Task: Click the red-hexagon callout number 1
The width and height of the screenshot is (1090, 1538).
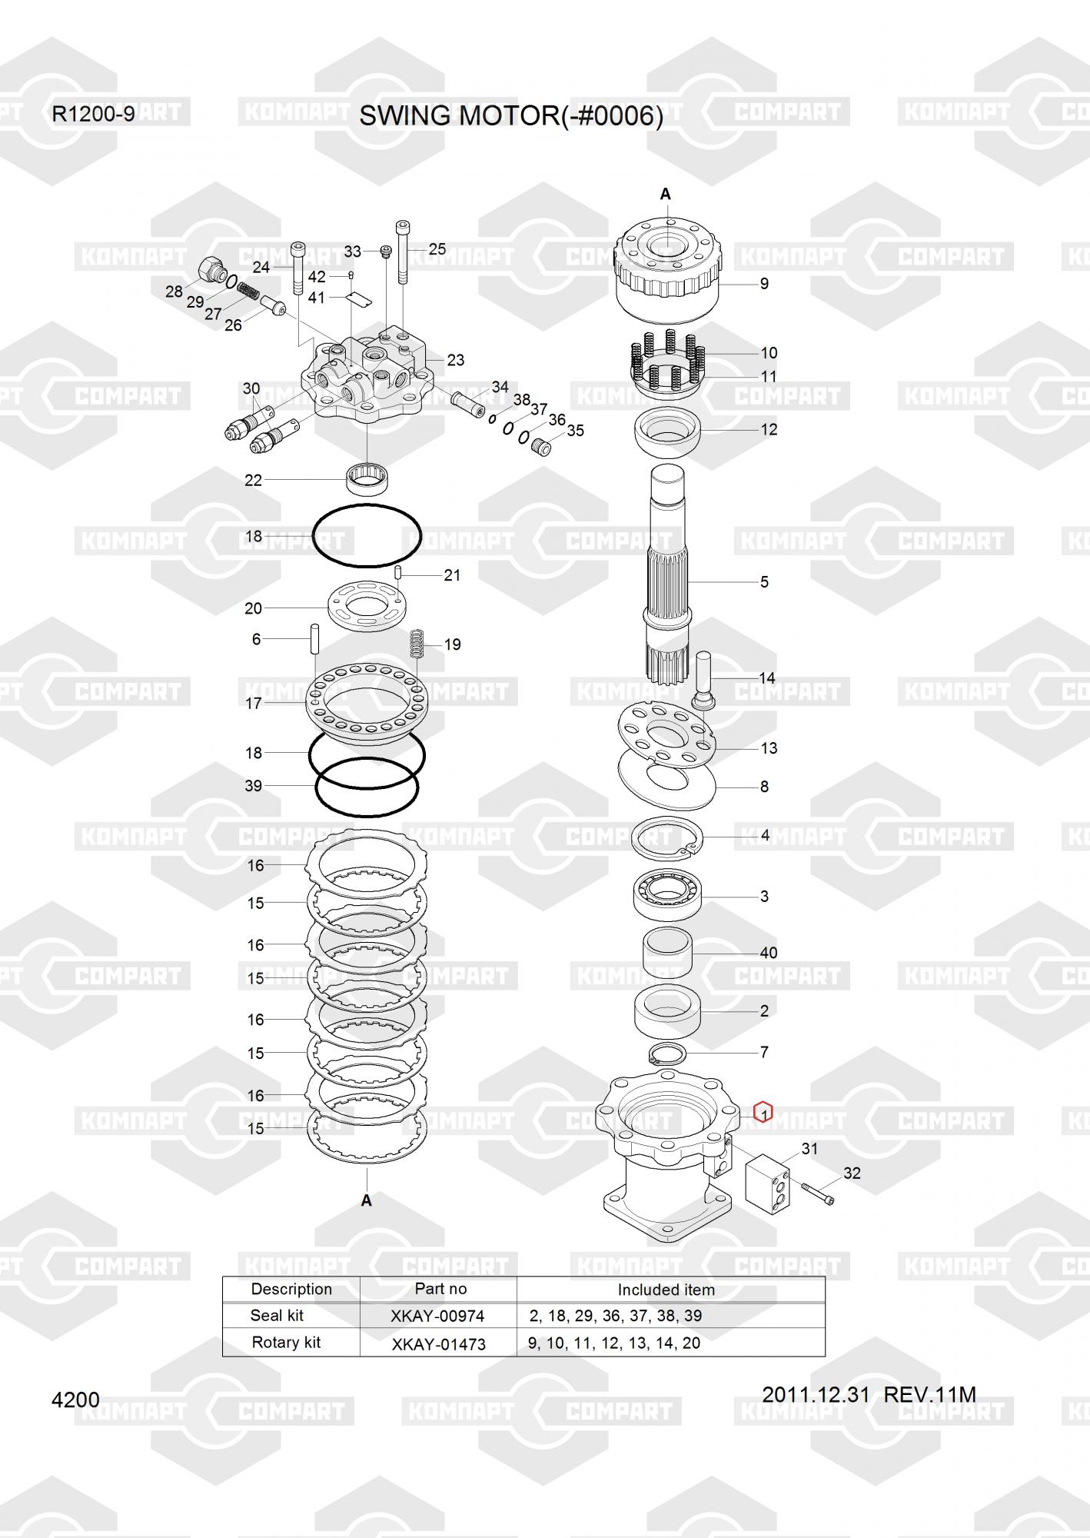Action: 763,1112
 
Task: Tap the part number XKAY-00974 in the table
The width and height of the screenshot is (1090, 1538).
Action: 437,1316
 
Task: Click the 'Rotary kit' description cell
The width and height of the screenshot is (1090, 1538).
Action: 286,1343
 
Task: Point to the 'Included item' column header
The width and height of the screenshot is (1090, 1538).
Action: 666,1290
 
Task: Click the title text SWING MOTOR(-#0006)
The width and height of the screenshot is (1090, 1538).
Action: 511,116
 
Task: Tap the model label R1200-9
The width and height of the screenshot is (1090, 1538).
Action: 93,115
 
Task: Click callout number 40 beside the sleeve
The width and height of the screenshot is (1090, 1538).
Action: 769,953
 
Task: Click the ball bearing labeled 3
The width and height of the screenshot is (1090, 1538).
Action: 666,895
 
